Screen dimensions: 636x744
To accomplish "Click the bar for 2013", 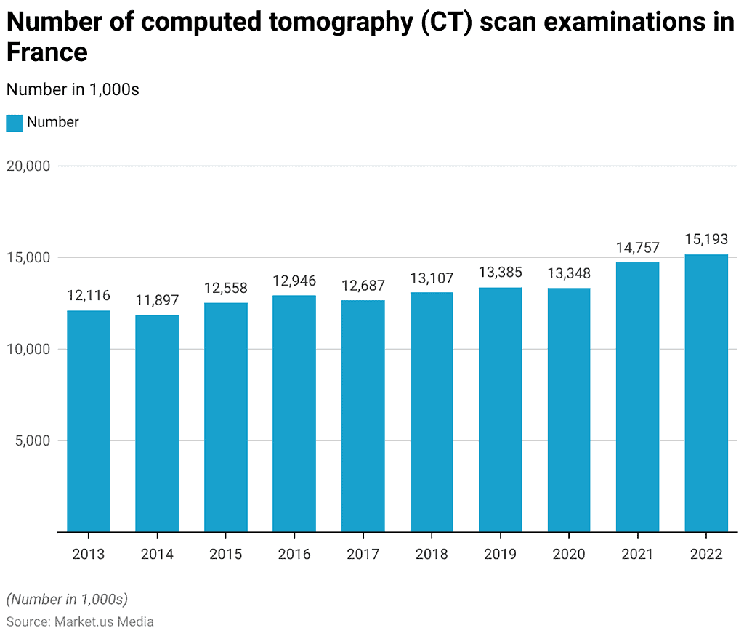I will (x=89, y=422).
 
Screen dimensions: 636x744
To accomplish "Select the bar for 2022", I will (x=706, y=393).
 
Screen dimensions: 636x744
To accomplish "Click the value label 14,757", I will (x=637, y=248).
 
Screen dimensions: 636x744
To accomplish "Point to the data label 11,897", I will (x=157, y=300).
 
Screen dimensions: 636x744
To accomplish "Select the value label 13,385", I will (x=500, y=273).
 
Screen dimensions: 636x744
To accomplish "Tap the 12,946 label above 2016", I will (x=294, y=281).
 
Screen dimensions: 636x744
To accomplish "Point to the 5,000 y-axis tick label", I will (x=32, y=440).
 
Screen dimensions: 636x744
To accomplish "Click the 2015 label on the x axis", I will (x=225, y=555).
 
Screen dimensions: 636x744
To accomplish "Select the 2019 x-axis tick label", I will (x=500, y=555).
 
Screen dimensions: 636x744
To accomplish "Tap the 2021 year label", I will (x=637, y=555).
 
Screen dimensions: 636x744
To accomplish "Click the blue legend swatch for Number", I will (x=15, y=123).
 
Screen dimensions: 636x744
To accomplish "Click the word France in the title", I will (x=46, y=53).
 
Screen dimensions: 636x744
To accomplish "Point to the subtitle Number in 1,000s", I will (x=72, y=89).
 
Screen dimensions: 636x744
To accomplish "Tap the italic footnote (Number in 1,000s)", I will (x=67, y=599).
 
